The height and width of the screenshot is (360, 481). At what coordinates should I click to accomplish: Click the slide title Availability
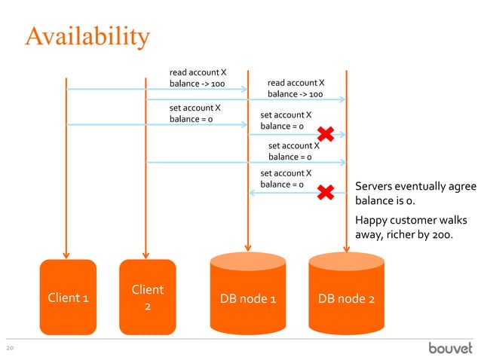point(87,35)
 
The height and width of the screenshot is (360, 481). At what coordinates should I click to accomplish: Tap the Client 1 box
point(68,297)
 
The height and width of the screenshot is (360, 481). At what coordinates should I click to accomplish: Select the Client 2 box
point(148,297)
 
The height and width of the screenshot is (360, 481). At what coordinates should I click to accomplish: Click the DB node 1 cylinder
point(247,298)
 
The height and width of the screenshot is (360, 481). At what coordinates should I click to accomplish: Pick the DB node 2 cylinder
point(346,298)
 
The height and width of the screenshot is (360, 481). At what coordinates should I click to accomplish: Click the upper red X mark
point(326,135)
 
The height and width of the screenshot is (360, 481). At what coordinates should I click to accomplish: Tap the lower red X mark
point(326,192)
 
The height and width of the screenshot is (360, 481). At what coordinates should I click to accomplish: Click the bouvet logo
point(450,348)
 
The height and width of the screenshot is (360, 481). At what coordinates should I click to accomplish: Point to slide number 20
point(11,348)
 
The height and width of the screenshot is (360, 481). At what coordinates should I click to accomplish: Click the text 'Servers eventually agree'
point(415,187)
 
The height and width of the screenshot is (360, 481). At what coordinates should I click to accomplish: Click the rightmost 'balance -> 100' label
point(296,95)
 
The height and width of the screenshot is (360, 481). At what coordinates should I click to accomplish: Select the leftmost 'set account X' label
point(195,108)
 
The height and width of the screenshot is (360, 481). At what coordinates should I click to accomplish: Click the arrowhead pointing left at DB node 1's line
point(253,193)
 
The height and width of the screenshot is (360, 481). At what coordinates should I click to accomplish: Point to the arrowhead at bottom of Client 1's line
point(66,254)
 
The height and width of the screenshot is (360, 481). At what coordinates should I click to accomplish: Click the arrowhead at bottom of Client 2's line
point(146,254)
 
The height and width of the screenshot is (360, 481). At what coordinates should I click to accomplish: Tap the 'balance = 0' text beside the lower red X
point(282,185)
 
